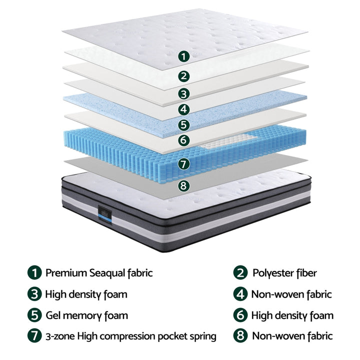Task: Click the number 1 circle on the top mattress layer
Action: pos(184,56)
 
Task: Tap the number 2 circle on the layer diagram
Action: pos(184,76)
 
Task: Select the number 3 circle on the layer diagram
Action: pos(184,93)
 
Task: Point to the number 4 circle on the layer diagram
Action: pos(184,109)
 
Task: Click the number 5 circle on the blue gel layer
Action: pos(184,125)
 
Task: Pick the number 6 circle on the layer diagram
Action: pos(184,140)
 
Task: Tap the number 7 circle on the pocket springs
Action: pos(184,163)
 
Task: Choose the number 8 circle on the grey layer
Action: pos(184,185)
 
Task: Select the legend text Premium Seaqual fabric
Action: pos(99,273)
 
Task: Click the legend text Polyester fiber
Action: pos(284,273)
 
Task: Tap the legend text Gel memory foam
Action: pos(86,315)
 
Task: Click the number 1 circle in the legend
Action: pos(34,273)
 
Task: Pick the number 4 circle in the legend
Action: pos(240,294)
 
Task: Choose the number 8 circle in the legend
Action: pos(240,336)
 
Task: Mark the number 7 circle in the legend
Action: pos(34,336)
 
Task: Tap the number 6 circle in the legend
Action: pos(240,315)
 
